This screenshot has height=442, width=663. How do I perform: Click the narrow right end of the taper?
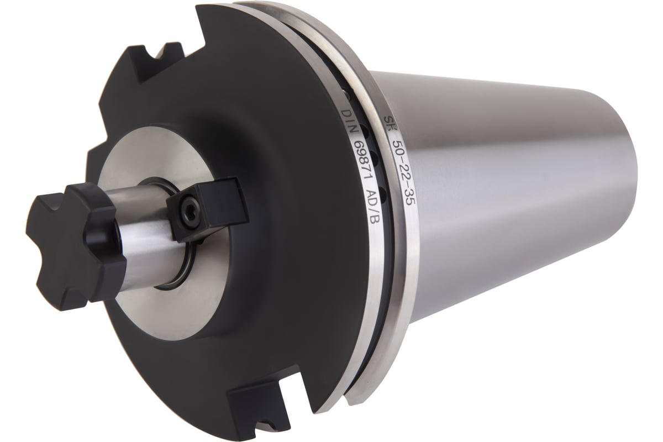coord(635,182)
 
